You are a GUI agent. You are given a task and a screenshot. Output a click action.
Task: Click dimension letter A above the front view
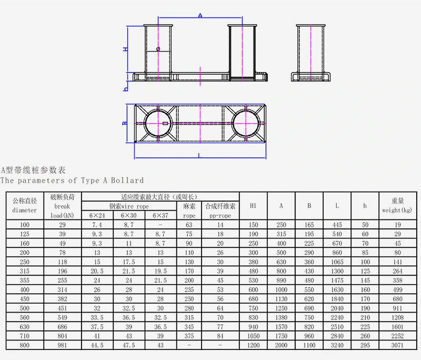click(x=200, y=16)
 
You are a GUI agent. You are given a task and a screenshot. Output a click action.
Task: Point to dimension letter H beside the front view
click(x=125, y=49)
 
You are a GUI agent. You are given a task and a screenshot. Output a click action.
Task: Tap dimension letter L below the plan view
click(x=199, y=155)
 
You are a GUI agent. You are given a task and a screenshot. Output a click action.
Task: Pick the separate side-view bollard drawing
click(x=311, y=53)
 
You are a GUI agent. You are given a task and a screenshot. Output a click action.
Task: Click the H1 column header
click(x=253, y=205)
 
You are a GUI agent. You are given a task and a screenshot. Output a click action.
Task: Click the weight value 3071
click(x=397, y=345)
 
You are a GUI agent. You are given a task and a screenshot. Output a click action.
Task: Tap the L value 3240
click(x=337, y=345)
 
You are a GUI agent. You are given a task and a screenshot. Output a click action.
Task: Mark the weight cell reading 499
click(x=397, y=289)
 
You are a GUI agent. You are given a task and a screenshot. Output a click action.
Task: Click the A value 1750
click(x=281, y=336)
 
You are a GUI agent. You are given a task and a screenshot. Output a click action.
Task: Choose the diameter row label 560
click(x=24, y=317)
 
